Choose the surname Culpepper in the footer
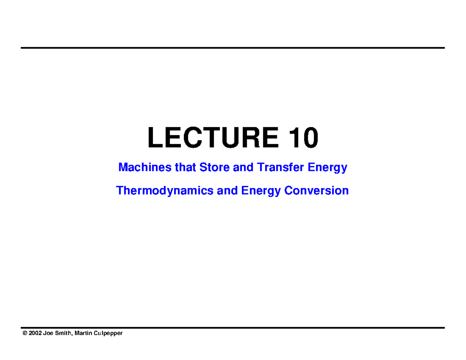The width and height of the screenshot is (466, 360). point(108,334)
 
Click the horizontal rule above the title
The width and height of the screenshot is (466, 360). point(233,48)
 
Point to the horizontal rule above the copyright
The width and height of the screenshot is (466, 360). point(233,328)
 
